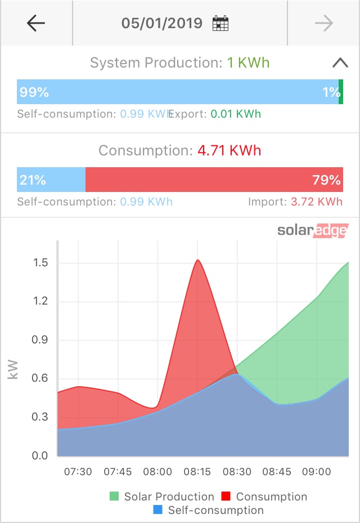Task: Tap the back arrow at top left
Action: (x=36, y=23)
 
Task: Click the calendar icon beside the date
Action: (x=220, y=24)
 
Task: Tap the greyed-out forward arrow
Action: (x=324, y=23)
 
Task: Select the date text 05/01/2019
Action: (x=162, y=24)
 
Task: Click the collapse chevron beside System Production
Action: (x=340, y=62)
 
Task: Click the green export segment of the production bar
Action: (x=341, y=92)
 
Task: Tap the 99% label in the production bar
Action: (x=34, y=92)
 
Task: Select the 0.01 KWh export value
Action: (x=236, y=114)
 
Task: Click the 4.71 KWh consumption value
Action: (x=229, y=151)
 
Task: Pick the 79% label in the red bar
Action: (x=326, y=180)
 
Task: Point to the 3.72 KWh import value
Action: (x=316, y=202)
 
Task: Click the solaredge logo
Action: (x=312, y=230)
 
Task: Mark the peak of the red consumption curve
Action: (x=197, y=260)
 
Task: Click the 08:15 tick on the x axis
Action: (x=197, y=471)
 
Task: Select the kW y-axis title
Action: (x=13, y=369)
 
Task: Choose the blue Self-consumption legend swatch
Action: (x=158, y=510)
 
